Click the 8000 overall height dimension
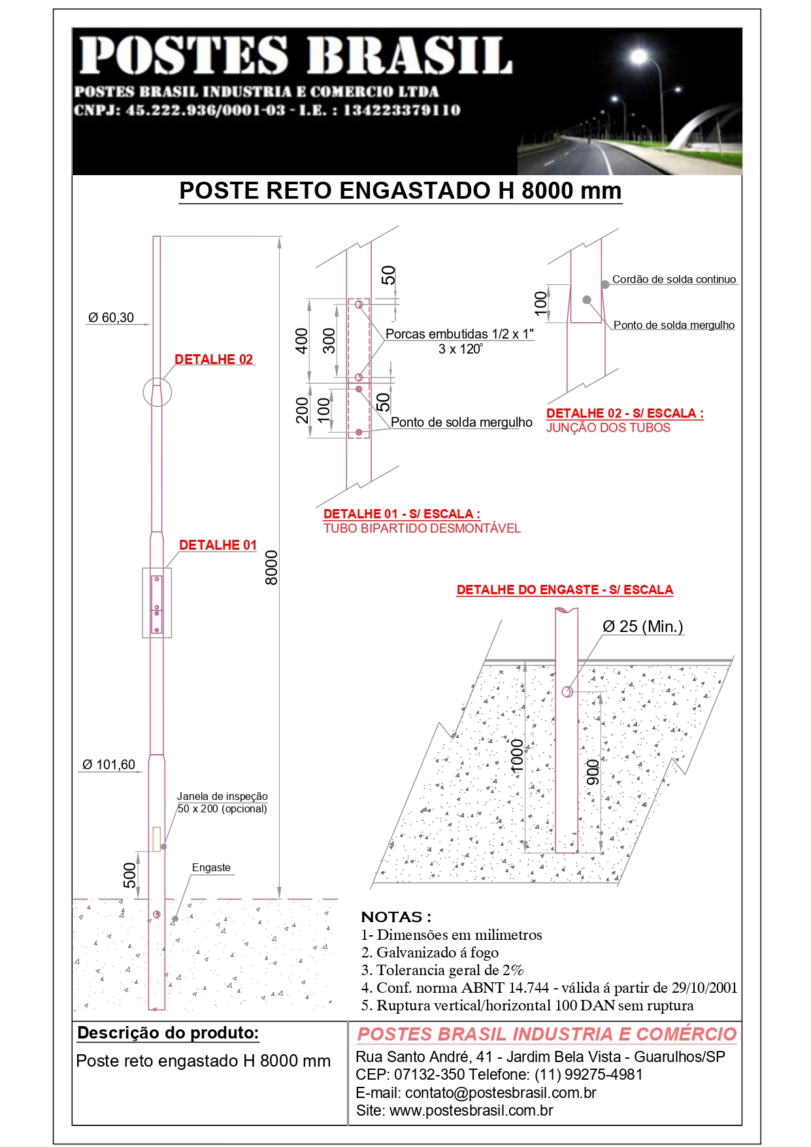point(271,567)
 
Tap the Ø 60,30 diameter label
point(111,318)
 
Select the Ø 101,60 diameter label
point(108,765)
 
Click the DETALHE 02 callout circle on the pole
point(157,392)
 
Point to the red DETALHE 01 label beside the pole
point(218,545)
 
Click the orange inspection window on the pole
point(157,839)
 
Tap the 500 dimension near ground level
point(130,875)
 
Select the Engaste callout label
point(211,868)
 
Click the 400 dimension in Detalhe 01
point(301,341)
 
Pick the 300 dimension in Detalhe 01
point(329,341)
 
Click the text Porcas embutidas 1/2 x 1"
point(459,334)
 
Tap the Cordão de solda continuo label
point(674,280)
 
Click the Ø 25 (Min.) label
point(642,627)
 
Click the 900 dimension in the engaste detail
point(593,772)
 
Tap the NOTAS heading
point(396,917)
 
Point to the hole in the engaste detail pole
point(567,691)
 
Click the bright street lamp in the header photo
point(638,57)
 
